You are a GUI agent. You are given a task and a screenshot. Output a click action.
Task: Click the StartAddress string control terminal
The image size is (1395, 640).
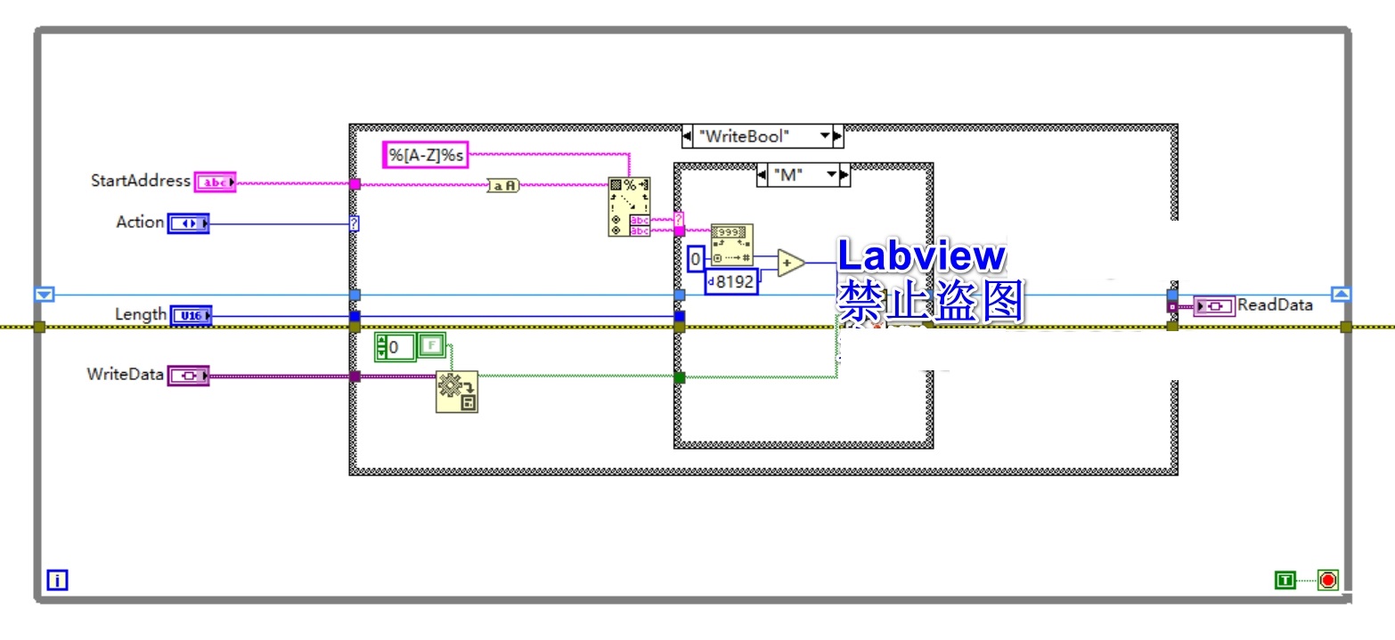point(215,182)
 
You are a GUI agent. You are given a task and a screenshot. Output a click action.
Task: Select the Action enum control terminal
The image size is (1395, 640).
point(188,223)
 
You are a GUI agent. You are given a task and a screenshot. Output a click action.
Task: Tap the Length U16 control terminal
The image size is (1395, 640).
point(191,315)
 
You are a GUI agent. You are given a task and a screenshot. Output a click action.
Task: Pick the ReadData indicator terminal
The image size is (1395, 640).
point(1213,305)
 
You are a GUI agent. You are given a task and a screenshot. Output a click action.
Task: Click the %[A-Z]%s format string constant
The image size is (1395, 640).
point(425,155)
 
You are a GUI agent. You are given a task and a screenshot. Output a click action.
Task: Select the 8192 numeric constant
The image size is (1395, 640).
point(731,282)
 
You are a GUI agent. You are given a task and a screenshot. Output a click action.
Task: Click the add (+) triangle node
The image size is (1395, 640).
point(789,263)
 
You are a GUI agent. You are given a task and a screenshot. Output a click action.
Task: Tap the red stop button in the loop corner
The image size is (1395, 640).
point(1328,580)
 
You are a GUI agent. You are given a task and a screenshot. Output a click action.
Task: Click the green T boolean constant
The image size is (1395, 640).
point(1285,580)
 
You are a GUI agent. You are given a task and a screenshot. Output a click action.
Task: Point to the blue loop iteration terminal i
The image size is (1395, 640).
point(57,581)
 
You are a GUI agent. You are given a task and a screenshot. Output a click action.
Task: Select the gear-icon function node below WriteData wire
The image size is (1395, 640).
point(456,392)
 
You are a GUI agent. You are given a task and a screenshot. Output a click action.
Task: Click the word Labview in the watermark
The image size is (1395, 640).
point(921,256)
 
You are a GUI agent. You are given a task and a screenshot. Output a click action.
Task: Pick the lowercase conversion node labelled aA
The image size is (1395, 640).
point(503,185)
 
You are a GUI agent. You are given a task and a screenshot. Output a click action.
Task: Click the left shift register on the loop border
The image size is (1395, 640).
point(45,295)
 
